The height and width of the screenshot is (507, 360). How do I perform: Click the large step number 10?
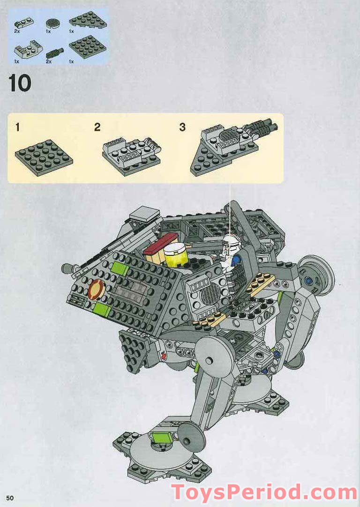point(20,83)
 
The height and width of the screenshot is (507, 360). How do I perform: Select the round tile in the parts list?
point(52,22)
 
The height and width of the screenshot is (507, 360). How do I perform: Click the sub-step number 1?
point(17,127)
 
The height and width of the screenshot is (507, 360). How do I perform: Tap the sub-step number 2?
point(97,127)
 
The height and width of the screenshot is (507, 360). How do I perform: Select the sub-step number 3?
point(182,127)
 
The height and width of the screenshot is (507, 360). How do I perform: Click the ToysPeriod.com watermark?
point(264,492)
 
